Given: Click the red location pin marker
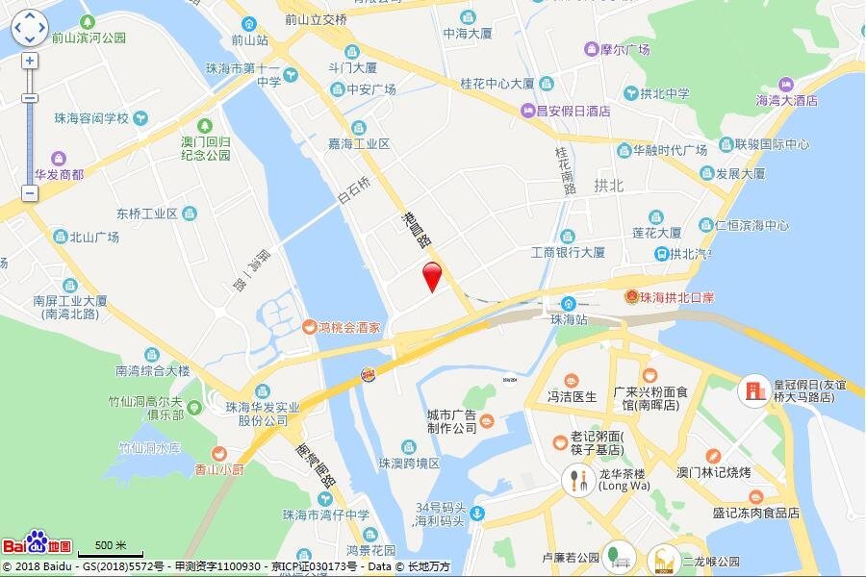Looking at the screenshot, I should (x=433, y=276).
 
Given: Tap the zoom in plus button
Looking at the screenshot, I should (x=30, y=61).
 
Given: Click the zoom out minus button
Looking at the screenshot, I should (x=30, y=193).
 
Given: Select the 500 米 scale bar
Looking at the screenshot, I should (x=110, y=548).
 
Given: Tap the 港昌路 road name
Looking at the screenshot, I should (x=411, y=232).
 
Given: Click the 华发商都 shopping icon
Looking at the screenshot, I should (x=59, y=158).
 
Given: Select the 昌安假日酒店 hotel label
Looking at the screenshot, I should (x=573, y=112).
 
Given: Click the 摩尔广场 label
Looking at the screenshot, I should (x=624, y=49).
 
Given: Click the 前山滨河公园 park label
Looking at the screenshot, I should (x=89, y=38).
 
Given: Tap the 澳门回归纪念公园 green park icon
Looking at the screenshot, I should (x=205, y=126).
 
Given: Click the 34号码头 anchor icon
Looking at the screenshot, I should (x=478, y=514).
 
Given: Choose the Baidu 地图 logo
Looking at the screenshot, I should (x=37, y=544).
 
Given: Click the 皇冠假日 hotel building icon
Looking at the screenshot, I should (x=752, y=390).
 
